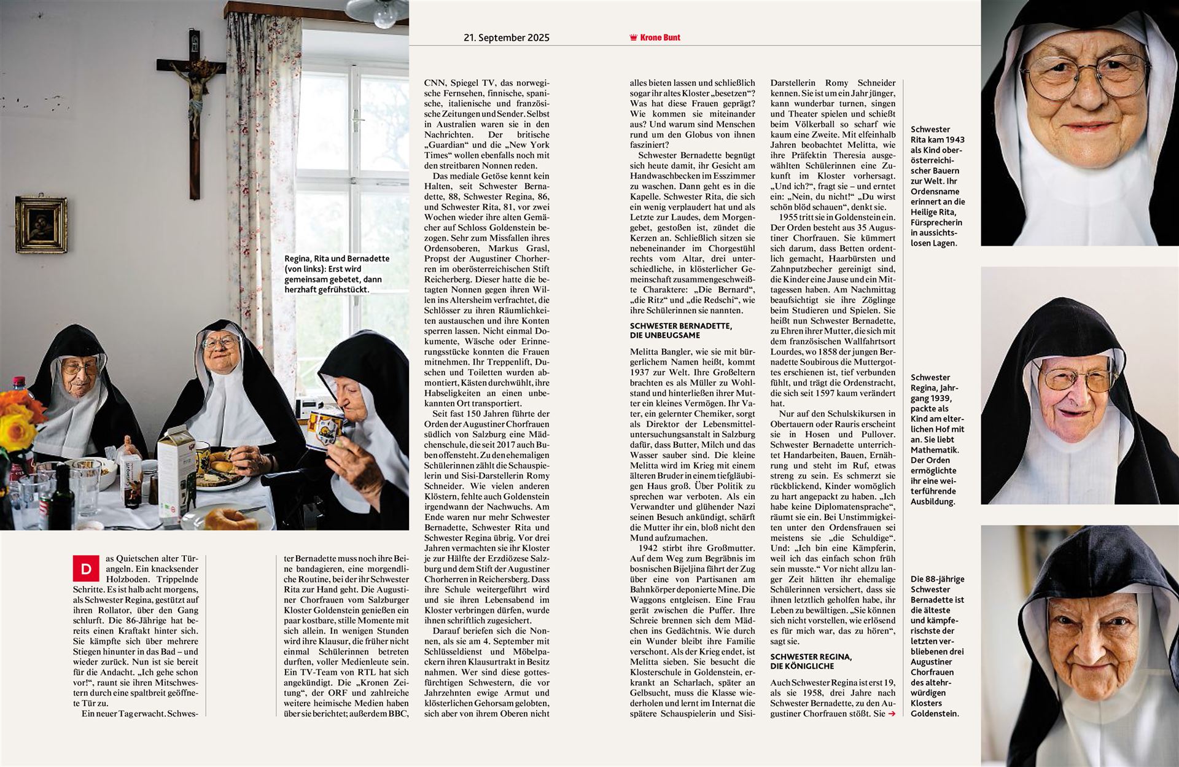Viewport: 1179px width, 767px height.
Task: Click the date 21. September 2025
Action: pos(506,37)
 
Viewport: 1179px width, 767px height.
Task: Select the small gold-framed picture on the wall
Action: pos(41,225)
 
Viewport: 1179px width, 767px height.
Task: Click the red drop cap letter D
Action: pos(85,569)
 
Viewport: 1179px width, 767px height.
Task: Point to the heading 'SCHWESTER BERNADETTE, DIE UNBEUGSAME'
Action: pos(680,330)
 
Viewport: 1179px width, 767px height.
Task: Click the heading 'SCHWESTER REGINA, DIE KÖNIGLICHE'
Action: pos(811,661)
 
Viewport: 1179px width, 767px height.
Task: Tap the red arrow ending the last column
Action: pos(892,714)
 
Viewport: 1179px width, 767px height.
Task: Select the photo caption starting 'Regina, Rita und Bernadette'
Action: pos(337,274)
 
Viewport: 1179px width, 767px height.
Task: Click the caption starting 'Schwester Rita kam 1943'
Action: pos(937,186)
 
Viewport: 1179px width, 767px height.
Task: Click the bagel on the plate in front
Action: pos(231,519)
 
